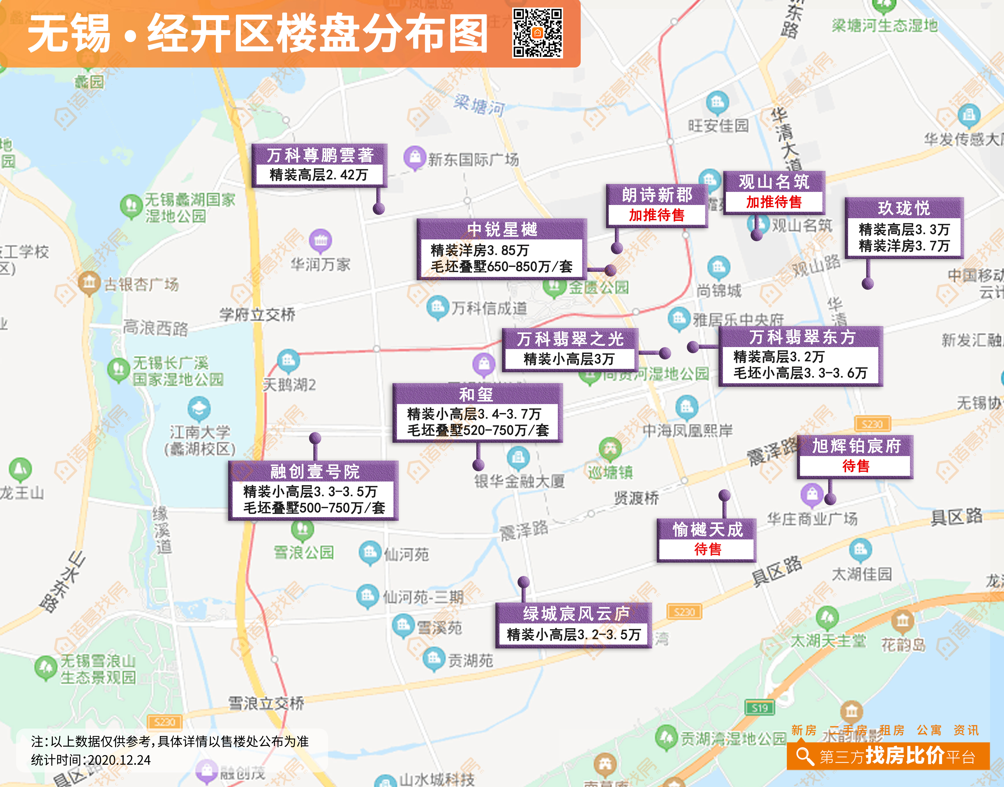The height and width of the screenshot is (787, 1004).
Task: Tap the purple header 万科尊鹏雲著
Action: (319, 155)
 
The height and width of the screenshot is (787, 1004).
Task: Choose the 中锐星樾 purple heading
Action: (502, 229)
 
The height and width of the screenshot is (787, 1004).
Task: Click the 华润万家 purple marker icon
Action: (321, 240)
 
